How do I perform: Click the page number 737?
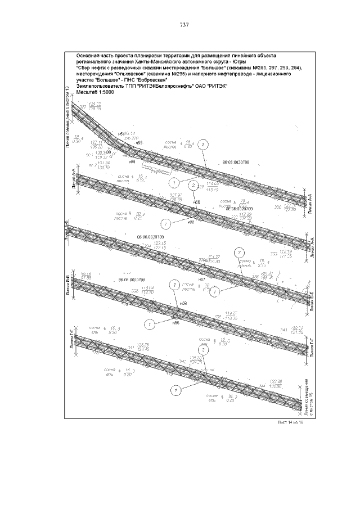pyautogui.click(x=183, y=25)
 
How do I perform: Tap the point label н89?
pyautogui.click(x=132, y=162)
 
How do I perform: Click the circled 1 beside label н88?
pyautogui.click(x=165, y=223)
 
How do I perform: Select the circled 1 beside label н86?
pyautogui.click(x=150, y=325)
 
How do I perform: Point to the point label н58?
pyautogui.click(x=182, y=303)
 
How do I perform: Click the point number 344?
pyautogui.click(x=262, y=385)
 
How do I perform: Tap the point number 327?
pyautogui.click(x=83, y=107)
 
